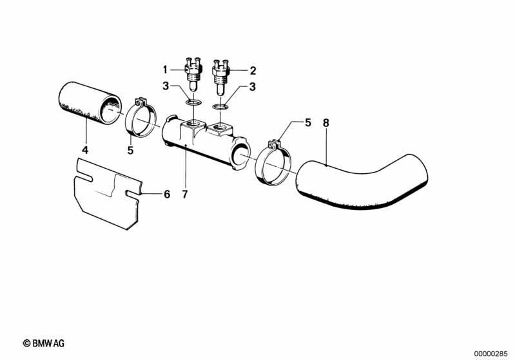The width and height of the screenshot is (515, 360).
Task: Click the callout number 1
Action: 165,70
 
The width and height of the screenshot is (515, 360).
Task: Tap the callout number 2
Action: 253,71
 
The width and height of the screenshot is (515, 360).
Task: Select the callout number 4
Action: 85,150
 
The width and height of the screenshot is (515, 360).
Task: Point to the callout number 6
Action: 167,194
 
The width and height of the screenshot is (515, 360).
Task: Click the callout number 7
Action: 185,194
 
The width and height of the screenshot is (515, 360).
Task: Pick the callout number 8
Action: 326,123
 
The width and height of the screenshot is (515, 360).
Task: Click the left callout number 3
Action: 166,86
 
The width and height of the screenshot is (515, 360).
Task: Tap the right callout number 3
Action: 252,87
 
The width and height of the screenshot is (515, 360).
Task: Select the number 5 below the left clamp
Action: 130,150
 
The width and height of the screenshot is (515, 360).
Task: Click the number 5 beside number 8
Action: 307,123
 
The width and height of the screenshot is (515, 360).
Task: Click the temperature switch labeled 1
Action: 193,75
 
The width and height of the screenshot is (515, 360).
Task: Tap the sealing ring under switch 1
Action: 193,102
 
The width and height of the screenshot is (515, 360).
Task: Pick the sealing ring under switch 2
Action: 220,106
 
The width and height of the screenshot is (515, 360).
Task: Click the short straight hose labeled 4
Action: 90,103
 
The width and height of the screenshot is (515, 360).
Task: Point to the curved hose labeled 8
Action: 362,182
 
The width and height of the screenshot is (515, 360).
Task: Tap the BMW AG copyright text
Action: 44,343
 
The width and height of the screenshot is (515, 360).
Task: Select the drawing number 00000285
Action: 491,354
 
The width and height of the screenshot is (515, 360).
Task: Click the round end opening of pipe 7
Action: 240,156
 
